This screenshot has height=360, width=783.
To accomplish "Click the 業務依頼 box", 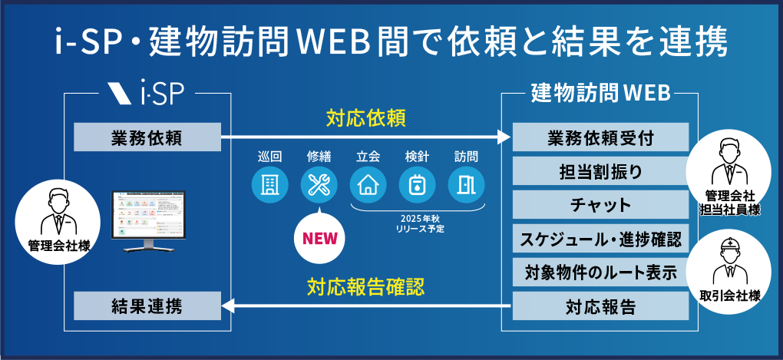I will [x=146, y=138].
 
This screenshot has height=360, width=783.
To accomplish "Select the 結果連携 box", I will [x=146, y=308].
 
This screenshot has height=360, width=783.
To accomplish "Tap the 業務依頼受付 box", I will [x=601, y=138].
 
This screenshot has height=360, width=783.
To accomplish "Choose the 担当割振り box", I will [x=601, y=172].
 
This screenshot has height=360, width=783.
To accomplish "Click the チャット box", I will [x=601, y=206].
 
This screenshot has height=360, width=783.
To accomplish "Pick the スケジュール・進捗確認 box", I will [x=601, y=239].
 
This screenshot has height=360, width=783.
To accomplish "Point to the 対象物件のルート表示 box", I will [x=601, y=273].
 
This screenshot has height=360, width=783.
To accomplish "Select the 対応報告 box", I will [x=601, y=308].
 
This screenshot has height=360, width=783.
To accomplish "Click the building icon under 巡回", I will [x=270, y=185].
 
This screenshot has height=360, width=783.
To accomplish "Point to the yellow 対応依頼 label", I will [x=365, y=119].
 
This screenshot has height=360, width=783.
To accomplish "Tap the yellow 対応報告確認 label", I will [x=365, y=288].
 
